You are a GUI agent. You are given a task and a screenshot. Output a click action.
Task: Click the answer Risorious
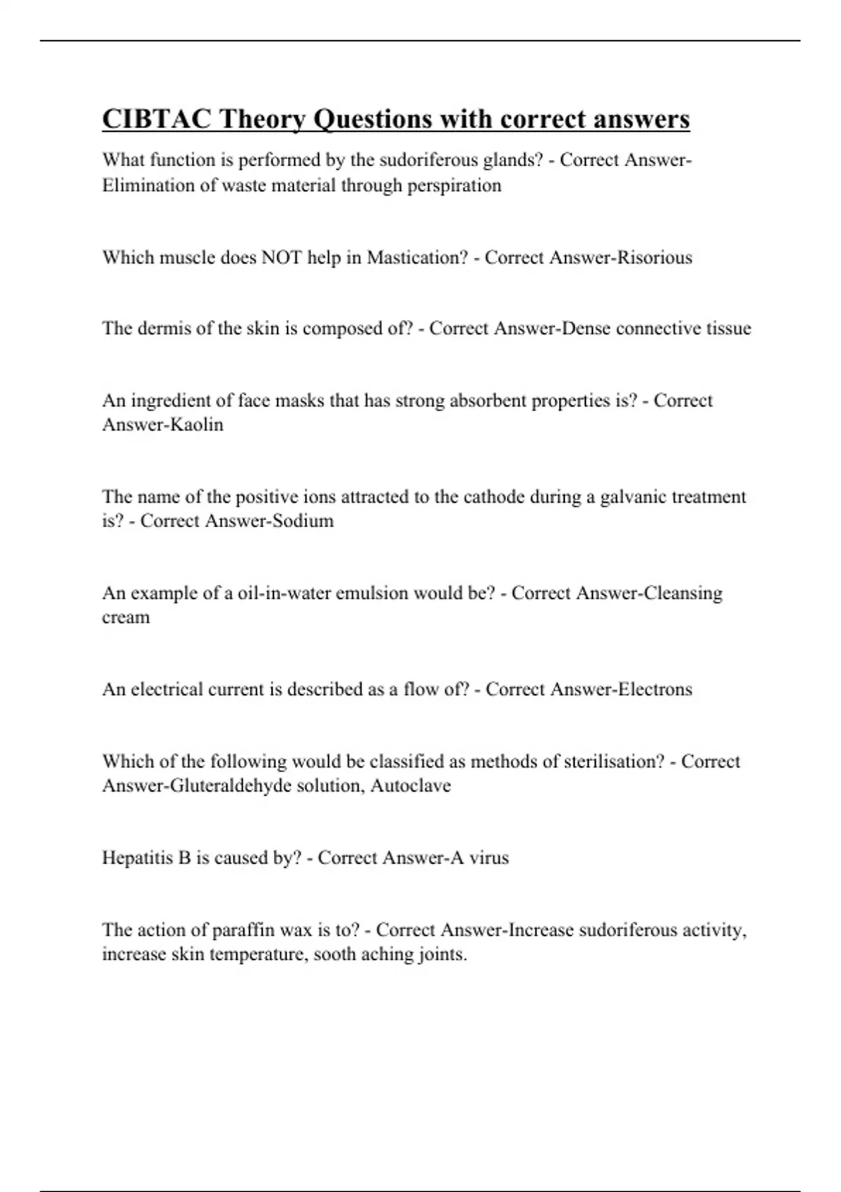[655, 257]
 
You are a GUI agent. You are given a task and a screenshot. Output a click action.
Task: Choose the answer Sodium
[304, 521]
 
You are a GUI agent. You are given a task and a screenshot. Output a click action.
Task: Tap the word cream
[126, 618]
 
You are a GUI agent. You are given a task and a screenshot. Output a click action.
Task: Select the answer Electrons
[655, 689]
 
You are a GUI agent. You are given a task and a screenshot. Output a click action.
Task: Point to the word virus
[488, 858]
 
